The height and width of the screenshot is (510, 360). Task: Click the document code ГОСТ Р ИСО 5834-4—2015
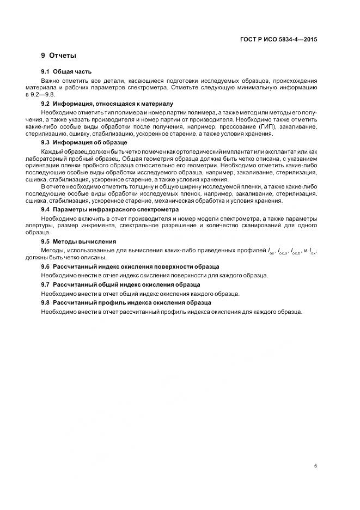pos(279,40)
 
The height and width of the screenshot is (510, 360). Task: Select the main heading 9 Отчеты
pos(58,56)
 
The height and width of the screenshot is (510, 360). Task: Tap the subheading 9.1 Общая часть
pos(66,71)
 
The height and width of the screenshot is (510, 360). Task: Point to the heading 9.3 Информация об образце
pos(84,142)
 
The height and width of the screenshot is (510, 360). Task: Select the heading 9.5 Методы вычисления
pos(78,241)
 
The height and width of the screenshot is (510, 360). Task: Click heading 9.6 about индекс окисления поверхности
pos(130,266)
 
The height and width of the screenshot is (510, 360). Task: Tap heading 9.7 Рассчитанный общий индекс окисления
pos(120,284)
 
